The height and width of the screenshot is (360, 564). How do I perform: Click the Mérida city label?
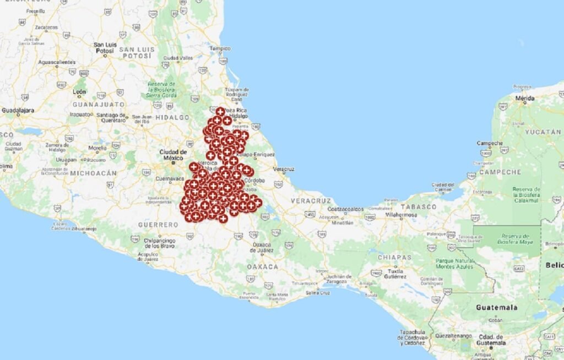tap(524, 98)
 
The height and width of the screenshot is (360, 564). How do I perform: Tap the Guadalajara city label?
tap(18, 110)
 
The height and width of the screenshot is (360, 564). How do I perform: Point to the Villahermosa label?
tap(402, 215)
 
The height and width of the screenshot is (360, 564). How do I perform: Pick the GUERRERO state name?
tap(158, 225)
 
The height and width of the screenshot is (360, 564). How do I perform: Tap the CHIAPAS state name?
tap(394, 257)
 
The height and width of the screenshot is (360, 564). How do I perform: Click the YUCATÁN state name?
tap(543, 132)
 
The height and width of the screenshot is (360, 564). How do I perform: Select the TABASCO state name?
tap(422, 206)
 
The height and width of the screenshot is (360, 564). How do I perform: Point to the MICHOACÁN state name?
tap(94, 173)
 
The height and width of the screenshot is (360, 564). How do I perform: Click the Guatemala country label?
tap(497, 307)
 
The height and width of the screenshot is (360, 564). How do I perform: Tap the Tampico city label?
tap(219, 48)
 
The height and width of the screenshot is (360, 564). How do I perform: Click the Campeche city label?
tap(490, 143)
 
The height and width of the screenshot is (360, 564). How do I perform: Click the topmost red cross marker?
tap(220, 112)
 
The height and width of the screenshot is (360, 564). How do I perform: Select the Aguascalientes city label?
tap(56, 62)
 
